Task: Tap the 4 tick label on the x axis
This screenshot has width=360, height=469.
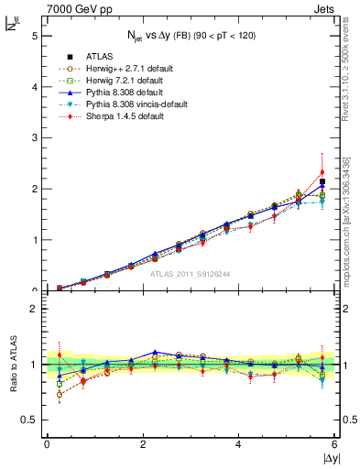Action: point(238,444)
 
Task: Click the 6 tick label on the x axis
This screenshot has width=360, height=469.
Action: point(334,444)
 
